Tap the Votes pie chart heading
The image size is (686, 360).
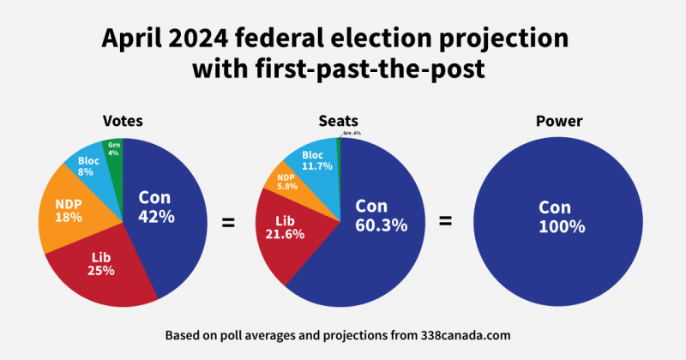tap(123, 122)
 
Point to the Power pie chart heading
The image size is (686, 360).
tap(559, 122)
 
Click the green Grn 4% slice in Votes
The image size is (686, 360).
tap(113, 150)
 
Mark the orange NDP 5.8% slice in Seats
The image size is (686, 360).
tap(287, 182)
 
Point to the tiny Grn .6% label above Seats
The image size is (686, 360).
tap(351, 134)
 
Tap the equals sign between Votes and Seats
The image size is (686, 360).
tap(228, 223)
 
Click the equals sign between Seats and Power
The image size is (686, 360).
tap(446, 222)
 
